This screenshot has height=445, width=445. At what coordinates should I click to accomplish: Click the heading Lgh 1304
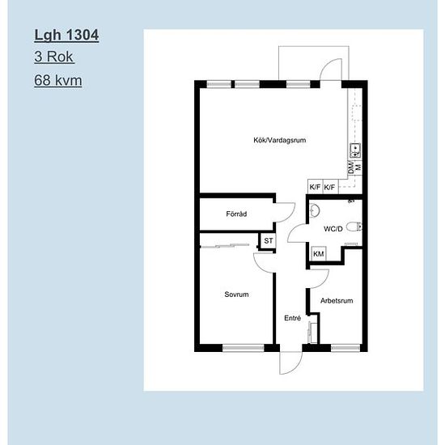coord(66,35)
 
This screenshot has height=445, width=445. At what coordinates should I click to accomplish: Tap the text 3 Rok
coord(54,57)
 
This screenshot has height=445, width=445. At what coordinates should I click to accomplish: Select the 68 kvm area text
coord(58,80)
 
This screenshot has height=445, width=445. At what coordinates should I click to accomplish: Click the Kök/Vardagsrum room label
coord(280,140)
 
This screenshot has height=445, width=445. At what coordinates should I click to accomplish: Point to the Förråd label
coord(236,214)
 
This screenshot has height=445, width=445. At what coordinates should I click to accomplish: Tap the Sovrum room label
coord(236,295)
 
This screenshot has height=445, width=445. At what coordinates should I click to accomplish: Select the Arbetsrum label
coord(337,300)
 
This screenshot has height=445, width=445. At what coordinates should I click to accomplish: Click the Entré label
coord(292,318)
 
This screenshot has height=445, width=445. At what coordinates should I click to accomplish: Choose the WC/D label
coord(333,229)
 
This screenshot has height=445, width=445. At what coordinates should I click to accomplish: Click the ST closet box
coord(268,240)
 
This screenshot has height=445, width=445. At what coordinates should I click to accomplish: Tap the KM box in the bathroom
coord(319,254)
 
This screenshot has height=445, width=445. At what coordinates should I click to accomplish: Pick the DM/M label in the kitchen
coord(354,167)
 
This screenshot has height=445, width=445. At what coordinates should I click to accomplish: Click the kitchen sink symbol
coord(355,150)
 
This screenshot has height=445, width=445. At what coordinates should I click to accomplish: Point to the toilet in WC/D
coord(354,227)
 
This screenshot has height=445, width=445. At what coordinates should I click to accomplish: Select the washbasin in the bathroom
coord(314,210)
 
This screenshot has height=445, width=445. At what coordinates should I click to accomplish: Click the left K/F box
coord(315,187)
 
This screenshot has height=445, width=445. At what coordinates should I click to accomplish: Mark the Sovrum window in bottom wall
coord(244,348)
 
